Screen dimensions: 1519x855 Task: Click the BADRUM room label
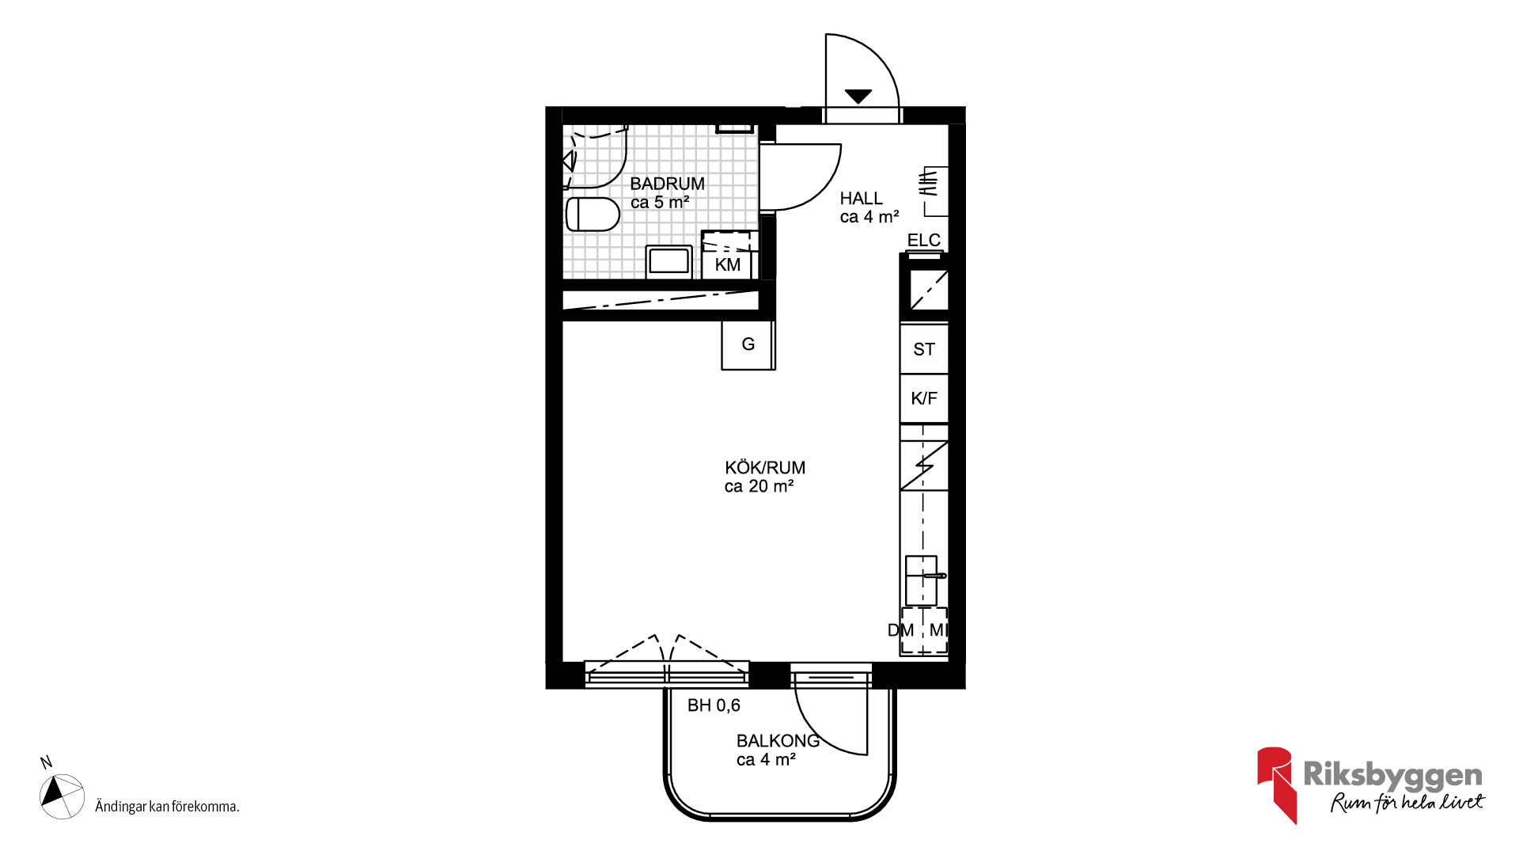pos(667,184)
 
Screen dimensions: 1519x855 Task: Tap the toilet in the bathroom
pos(593,214)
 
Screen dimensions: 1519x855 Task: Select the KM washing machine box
pos(728,256)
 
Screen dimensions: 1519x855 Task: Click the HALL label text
pos(861,199)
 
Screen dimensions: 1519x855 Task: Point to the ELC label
pos(923,240)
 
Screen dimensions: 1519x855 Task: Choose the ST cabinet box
pos(924,348)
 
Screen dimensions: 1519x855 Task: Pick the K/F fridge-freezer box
pos(924,398)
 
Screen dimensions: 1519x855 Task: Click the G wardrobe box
pos(748,344)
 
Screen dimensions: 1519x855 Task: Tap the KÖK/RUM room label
pos(765,468)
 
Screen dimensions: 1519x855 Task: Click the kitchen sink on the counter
pos(922,580)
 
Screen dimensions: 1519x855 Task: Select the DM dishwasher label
pos(900,630)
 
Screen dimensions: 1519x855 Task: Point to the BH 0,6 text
pos(714,705)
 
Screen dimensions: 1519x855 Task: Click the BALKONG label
pos(778,741)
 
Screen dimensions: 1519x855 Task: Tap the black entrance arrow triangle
pos(858,97)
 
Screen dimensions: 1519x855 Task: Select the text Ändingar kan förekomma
pos(167,807)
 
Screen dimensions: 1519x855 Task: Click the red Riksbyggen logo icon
pos(1276,784)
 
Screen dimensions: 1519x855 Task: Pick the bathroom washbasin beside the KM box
pos(669,261)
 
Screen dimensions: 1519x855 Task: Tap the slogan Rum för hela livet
pos(1407,802)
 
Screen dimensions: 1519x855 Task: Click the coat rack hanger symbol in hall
pos(929,182)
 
